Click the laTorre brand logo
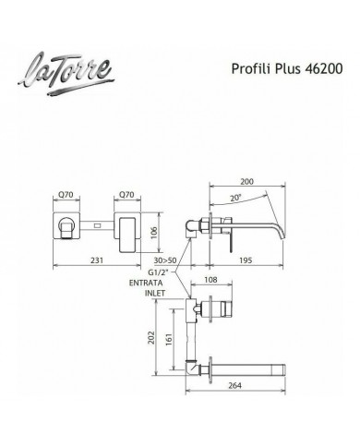click(x=66, y=74)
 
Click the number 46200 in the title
click(x=323, y=68)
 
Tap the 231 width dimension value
click(x=97, y=260)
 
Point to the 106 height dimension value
click(x=154, y=232)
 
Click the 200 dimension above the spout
click(x=246, y=181)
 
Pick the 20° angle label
click(x=236, y=198)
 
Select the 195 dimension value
click(x=246, y=260)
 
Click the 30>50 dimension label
click(x=165, y=260)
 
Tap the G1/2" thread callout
click(x=159, y=272)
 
